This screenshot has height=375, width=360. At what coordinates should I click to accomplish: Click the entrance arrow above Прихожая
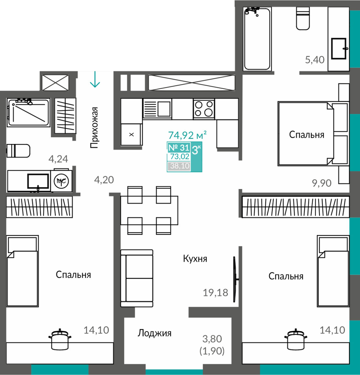pyautogui.click(x=95, y=79)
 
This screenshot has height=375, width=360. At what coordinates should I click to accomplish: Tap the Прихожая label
pyautogui.click(x=94, y=128)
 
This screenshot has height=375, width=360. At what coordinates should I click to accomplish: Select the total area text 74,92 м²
pyautogui.click(x=187, y=135)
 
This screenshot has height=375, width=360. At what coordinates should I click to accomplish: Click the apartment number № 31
pyautogui.click(x=179, y=147)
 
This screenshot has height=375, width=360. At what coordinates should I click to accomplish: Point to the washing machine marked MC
pyautogui.click(x=61, y=181)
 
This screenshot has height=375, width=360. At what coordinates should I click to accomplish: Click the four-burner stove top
pyautogui.click(x=204, y=109)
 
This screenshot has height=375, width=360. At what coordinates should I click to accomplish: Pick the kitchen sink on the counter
pyautogui.click(x=157, y=109)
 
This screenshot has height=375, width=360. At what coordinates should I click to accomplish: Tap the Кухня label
pyautogui.click(x=195, y=258)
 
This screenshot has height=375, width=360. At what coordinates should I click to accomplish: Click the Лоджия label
pyautogui.click(x=154, y=333)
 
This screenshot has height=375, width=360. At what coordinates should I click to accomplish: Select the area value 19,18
pyautogui.click(x=215, y=292)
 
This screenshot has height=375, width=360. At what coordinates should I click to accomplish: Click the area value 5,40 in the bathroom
pyautogui.click(x=315, y=60)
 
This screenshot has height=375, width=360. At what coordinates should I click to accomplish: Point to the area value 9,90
pyautogui.click(x=322, y=183)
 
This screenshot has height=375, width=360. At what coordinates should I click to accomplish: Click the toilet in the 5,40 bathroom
pyautogui.click(x=303, y=18)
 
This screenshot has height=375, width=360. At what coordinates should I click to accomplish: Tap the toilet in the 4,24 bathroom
pyautogui.click(x=18, y=151)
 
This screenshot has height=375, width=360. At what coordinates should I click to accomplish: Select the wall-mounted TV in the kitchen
pyautogui.click(x=235, y=279)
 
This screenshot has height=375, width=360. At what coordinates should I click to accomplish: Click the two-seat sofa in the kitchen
pyautogui.click(x=137, y=278)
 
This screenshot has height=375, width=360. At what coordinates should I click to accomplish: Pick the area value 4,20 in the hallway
pyautogui.click(x=104, y=180)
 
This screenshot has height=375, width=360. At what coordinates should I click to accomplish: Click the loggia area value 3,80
pyautogui.click(x=212, y=339)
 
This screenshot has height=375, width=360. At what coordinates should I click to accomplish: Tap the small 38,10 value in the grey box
pyautogui.click(x=180, y=165)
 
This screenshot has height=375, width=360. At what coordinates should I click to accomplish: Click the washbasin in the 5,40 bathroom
pyautogui.click(x=339, y=48)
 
